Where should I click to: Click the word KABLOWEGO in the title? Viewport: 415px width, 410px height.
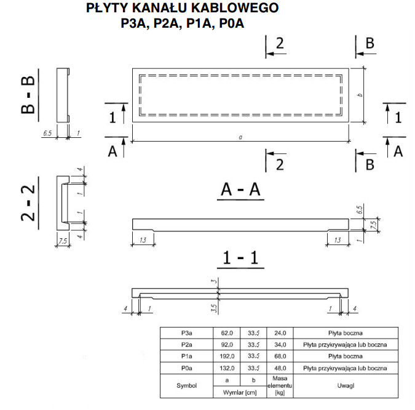tap(235, 8)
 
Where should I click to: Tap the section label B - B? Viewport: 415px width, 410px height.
tap(28, 95)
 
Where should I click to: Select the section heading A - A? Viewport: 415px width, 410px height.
tap(240, 190)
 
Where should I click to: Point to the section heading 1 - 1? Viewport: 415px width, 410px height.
tap(240, 258)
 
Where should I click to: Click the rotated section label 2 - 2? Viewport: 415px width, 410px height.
tap(28, 203)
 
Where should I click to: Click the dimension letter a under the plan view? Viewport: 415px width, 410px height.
tap(240, 137)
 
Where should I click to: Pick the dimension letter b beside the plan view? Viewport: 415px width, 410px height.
tap(360, 95)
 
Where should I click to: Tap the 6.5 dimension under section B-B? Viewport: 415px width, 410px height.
tap(47, 133)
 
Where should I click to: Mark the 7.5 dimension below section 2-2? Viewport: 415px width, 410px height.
tap(63, 241)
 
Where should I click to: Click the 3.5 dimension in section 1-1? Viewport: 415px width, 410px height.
tap(215, 308)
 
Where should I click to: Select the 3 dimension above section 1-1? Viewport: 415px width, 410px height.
tap(215, 281)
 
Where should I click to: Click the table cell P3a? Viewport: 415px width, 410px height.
tap(186, 333)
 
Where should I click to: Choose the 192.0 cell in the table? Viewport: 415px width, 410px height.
tap(227, 356)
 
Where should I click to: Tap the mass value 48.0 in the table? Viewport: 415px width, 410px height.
tap(280, 368)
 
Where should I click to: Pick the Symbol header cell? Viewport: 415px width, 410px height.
tap(186, 385)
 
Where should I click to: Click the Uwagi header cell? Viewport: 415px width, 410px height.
tap(346, 385)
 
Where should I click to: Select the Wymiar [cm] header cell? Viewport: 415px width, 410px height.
tap(240, 392)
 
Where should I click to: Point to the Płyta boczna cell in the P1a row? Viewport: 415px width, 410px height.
tap(346, 356)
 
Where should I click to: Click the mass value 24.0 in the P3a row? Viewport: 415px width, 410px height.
tap(280, 333)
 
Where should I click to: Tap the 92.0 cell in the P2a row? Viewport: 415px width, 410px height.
tap(227, 345)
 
